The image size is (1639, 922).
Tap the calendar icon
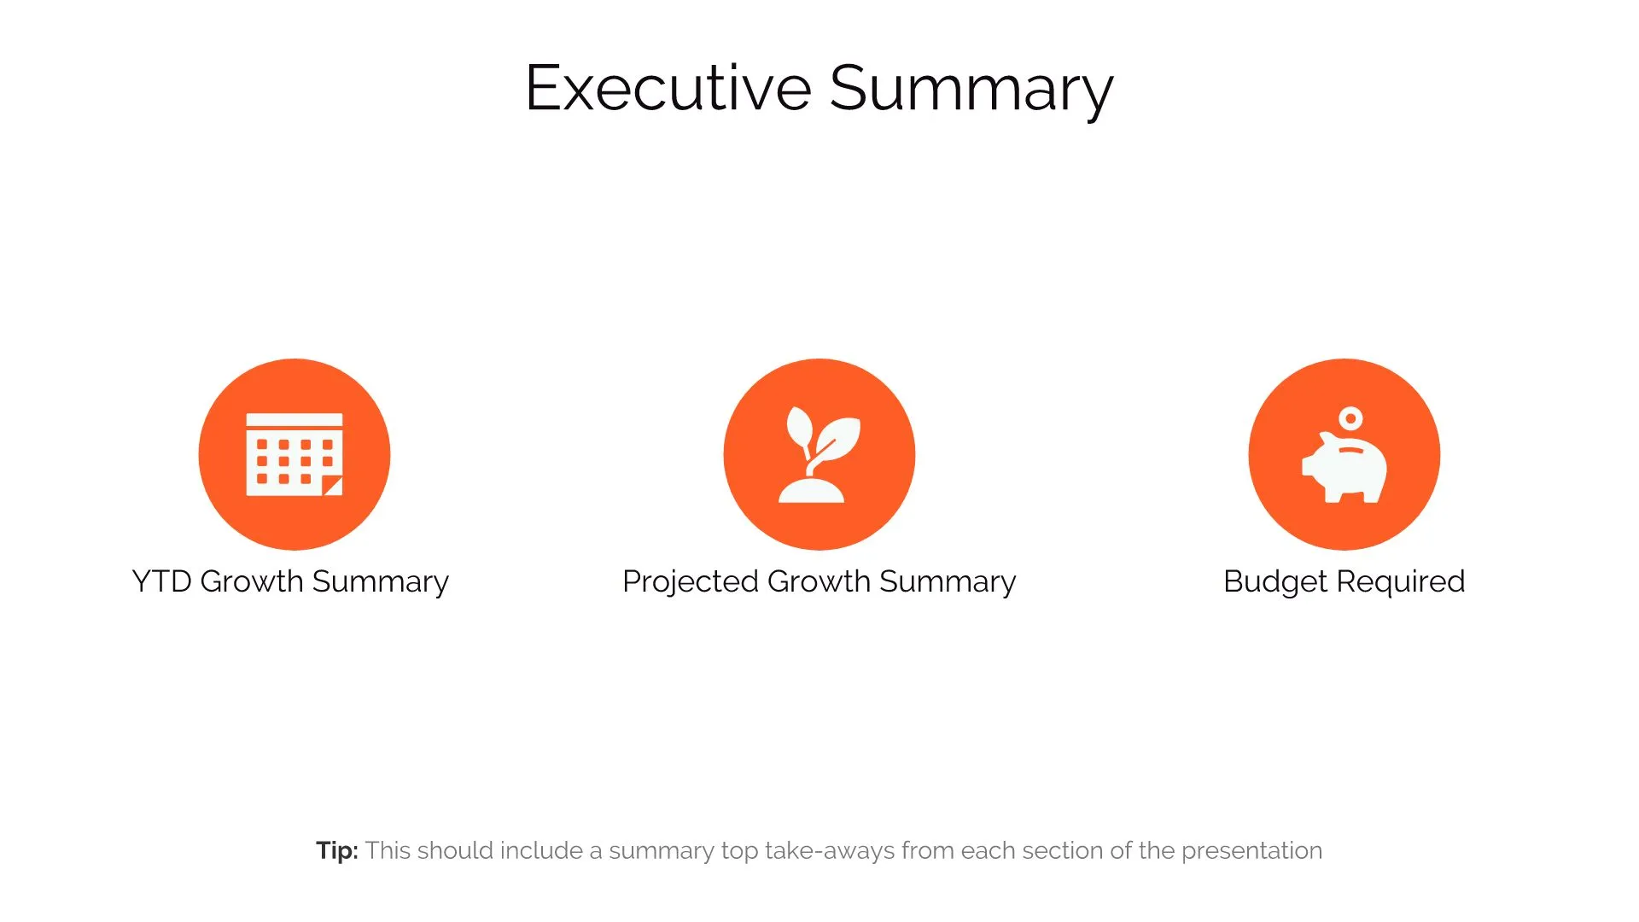(x=294, y=454)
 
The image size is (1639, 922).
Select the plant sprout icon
(x=819, y=454)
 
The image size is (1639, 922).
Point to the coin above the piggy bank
(x=1350, y=418)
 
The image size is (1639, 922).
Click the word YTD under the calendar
(x=161, y=581)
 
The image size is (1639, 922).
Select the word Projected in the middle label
(x=690, y=581)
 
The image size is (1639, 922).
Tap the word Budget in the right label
(x=1275, y=581)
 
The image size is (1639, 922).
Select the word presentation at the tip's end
(x=1251, y=850)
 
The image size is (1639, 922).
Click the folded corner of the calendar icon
(x=333, y=487)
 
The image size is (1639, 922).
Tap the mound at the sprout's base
(x=811, y=492)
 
